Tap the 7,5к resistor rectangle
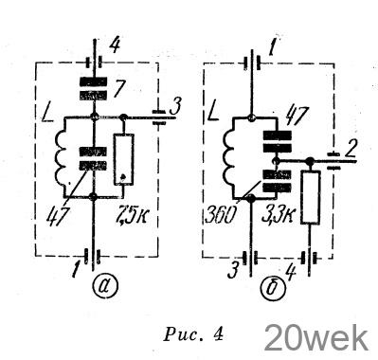pos(124,159)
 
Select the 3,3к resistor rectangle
pos(311,197)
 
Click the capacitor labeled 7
pos(94,88)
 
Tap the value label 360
pos(221,215)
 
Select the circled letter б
pos(273,286)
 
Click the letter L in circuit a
pos(48,115)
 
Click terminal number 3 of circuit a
pos(174,107)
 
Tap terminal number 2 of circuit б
pos(349,152)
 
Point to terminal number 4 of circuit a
pos(116,45)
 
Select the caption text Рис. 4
pos(193,334)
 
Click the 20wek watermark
pos(315,338)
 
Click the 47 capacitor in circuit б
pos(278,142)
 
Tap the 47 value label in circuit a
pos(57,215)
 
